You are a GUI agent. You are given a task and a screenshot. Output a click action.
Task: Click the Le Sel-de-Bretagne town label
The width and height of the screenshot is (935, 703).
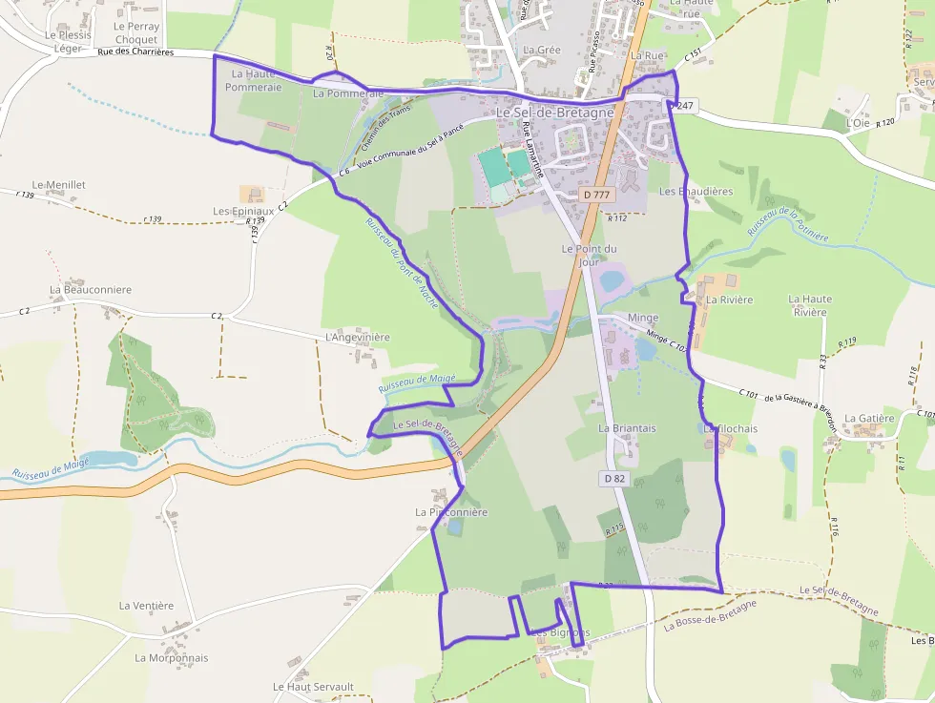tap(553, 113)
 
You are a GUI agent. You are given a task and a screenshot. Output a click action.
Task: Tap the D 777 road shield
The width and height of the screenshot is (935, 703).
tap(595, 195)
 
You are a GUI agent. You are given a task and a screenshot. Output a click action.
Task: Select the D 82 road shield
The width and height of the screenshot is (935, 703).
tap(614, 477)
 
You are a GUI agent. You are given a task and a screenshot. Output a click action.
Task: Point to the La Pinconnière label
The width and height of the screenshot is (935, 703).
tap(451, 512)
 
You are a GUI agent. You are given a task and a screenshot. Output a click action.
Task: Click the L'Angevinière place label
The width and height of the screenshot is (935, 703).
tap(358, 337)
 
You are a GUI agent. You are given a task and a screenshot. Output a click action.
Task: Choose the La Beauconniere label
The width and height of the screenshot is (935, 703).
tap(91, 289)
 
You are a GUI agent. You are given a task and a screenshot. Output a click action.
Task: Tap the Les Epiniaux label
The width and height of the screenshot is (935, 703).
tap(243, 211)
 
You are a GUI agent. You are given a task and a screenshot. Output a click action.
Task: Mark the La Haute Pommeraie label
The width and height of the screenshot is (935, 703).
tap(253, 80)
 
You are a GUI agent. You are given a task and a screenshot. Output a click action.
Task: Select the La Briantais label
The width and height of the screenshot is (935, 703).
tap(627, 428)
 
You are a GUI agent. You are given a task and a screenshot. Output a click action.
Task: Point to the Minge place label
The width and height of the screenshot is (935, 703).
tap(643, 318)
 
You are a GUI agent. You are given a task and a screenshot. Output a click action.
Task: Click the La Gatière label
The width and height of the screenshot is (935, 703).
tap(869, 418)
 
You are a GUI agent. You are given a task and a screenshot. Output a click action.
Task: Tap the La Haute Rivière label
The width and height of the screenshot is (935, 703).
tap(810, 305)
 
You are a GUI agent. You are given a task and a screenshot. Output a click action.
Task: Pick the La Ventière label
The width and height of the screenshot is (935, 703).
tap(146, 605)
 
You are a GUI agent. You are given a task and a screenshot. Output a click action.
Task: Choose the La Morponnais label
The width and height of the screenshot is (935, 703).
tap(172, 657)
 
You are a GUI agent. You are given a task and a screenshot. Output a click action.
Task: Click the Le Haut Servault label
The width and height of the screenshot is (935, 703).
tap(313, 687)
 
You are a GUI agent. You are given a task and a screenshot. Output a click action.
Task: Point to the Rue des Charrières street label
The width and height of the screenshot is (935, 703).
tap(135, 52)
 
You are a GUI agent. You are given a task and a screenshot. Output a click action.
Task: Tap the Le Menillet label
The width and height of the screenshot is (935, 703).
tap(59, 184)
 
